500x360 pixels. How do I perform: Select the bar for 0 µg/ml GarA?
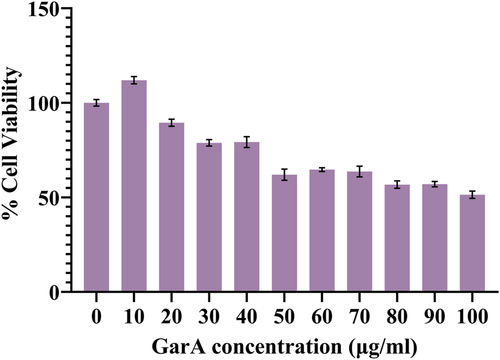(96, 197)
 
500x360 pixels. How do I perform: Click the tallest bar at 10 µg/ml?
(134, 186)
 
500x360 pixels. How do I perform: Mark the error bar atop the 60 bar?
(322, 169)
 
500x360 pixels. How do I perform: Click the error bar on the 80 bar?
(397, 184)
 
